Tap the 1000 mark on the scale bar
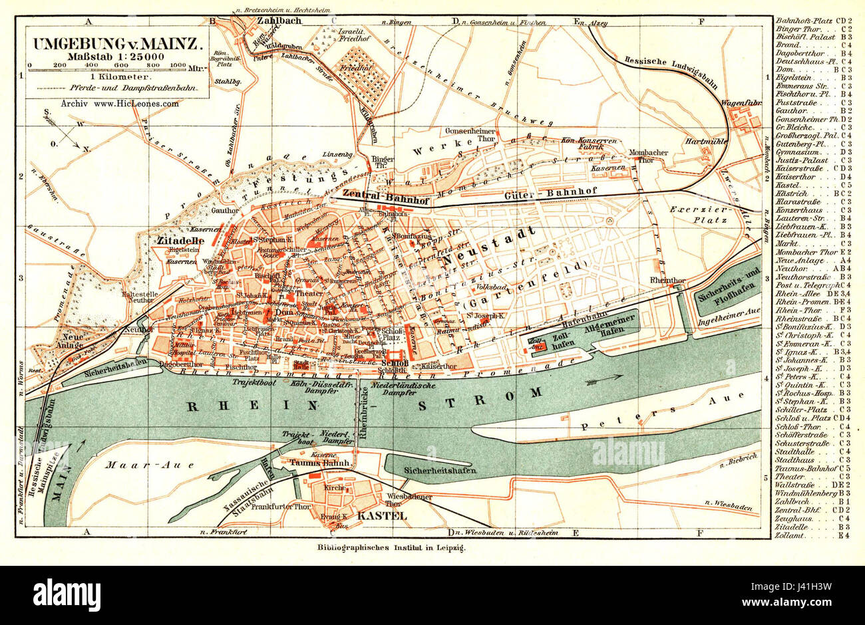(x=177, y=65)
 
